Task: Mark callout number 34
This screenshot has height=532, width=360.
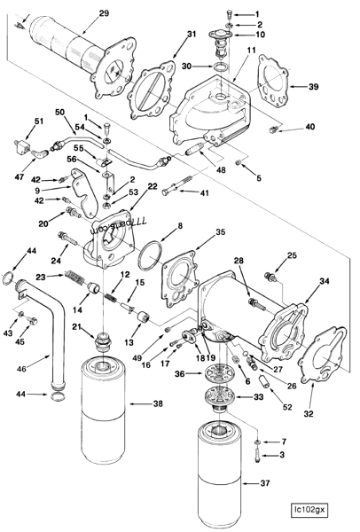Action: tap(324, 281)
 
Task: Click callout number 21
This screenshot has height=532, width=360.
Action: tap(78, 331)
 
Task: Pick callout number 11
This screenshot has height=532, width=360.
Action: tap(251, 51)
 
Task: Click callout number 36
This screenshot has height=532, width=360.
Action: tap(181, 375)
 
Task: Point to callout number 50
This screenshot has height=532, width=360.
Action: tap(60, 114)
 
